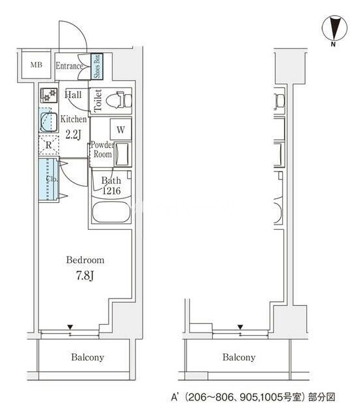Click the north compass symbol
click(x=334, y=29)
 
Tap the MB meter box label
click(x=36, y=65)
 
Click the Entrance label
click(x=69, y=66)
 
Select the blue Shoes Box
click(x=97, y=66)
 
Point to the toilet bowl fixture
click(x=118, y=100)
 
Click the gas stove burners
click(x=49, y=95)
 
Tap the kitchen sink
click(x=48, y=122)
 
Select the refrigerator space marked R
click(x=48, y=145)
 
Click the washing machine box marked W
click(x=120, y=130)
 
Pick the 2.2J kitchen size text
click(x=73, y=134)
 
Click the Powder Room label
click(x=102, y=149)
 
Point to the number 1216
click(x=111, y=190)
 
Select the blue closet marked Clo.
click(x=48, y=179)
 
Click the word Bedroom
click(x=85, y=260)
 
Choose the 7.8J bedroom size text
click(x=85, y=276)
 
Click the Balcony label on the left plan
click(x=88, y=357)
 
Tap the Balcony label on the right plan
click(x=239, y=357)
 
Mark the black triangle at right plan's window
click(x=240, y=327)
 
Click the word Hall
click(x=73, y=95)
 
